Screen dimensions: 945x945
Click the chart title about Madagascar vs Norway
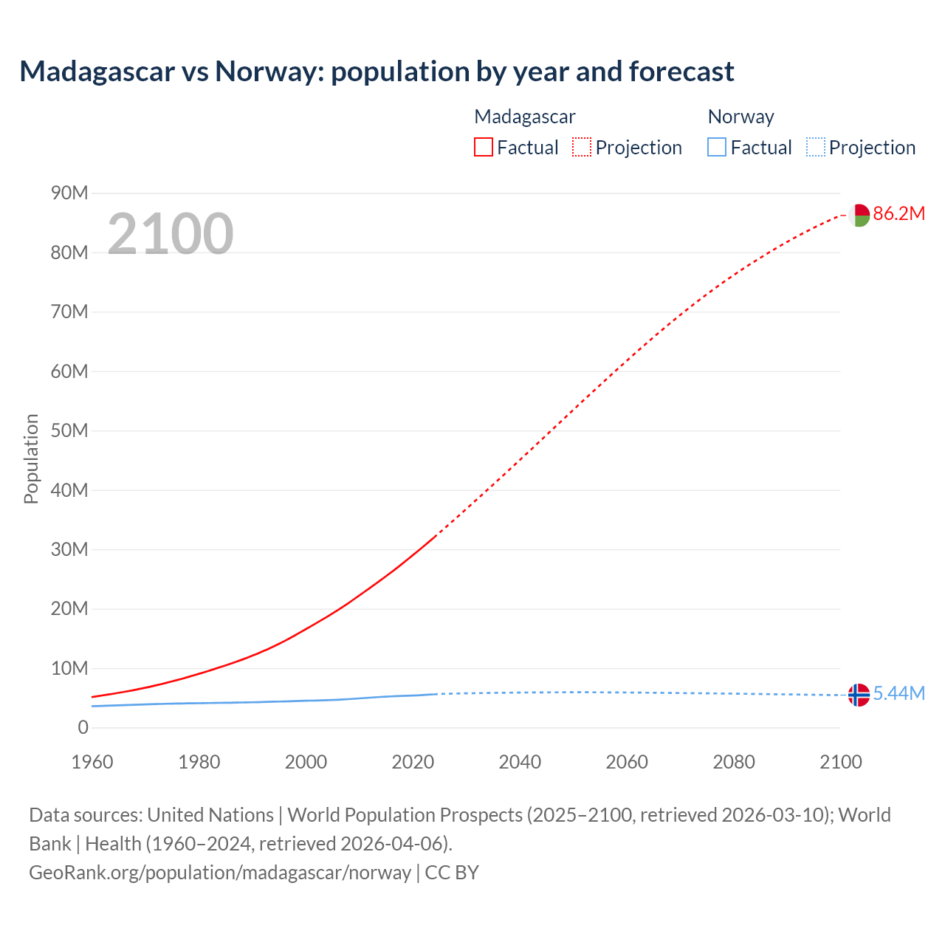[377, 72]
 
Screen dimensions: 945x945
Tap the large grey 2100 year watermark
[171, 233]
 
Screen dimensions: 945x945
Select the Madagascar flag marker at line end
[859, 215]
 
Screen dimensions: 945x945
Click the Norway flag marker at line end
[859, 695]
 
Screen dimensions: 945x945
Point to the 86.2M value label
[898, 214]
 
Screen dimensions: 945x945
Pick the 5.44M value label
[898, 693]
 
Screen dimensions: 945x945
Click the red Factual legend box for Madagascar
[484, 147]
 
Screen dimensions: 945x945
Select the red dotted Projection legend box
[582, 147]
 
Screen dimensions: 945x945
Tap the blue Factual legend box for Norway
[717, 147]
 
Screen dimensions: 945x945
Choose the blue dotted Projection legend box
[816, 147]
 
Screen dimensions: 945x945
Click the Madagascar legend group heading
[524, 117]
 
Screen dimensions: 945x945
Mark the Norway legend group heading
[740, 117]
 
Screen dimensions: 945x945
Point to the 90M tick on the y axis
[69, 193]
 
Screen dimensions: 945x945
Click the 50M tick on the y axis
[69, 430]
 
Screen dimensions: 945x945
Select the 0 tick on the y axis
[83, 727]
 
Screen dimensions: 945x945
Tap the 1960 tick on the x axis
[92, 762]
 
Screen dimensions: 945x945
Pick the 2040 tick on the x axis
[520, 762]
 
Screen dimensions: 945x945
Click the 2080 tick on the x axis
[734, 762]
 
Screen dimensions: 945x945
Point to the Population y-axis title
[31, 458]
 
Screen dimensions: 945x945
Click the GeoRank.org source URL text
[220, 873]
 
